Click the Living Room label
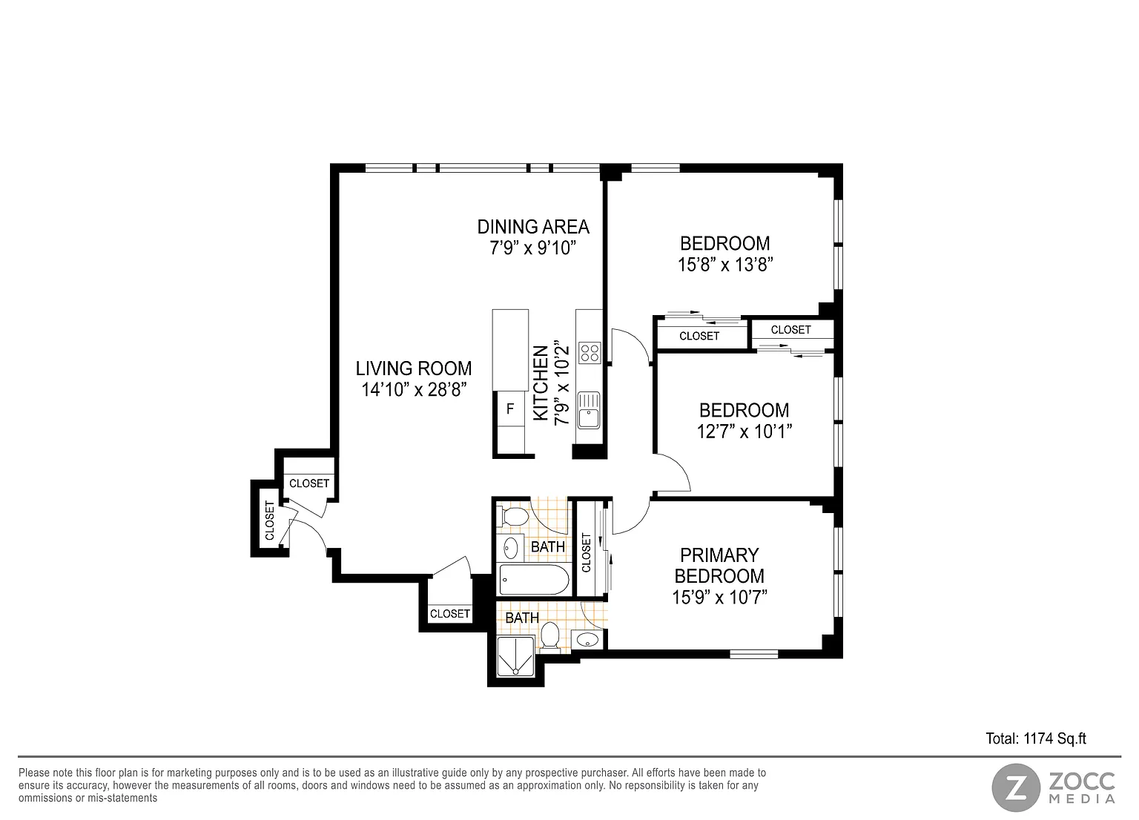point(413,368)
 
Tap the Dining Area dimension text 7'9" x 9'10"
point(533,248)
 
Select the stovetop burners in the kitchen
point(590,352)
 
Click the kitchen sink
point(589,410)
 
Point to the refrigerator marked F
point(510,409)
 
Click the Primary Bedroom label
point(719,565)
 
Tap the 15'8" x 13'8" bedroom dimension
point(725,265)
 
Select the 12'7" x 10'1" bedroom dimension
point(745,432)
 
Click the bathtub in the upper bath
point(534,579)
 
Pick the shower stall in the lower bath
point(516,657)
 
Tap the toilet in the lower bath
point(549,636)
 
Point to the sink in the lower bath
point(589,639)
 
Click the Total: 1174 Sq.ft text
point(1036,738)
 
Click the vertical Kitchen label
point(541,383)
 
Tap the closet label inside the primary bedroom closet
point(587,552)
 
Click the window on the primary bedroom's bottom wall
point(753,654)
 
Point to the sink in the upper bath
point(510,548)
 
